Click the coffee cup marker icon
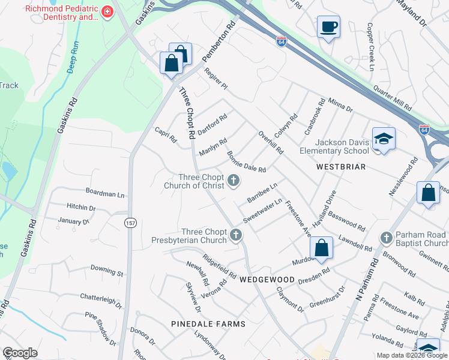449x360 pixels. (x=328, y=27)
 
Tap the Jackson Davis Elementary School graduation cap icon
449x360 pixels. (x=384, y=140)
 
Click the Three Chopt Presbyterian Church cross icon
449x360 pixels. (x=236, y=235)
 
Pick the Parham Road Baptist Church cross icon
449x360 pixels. (x=386, y=238)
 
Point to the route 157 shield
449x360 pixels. (x=130, y=223)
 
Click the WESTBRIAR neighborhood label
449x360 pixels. (x=341, y=167)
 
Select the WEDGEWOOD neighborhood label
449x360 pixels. (x=267, y=280)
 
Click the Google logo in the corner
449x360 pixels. (x=20, y=353)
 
